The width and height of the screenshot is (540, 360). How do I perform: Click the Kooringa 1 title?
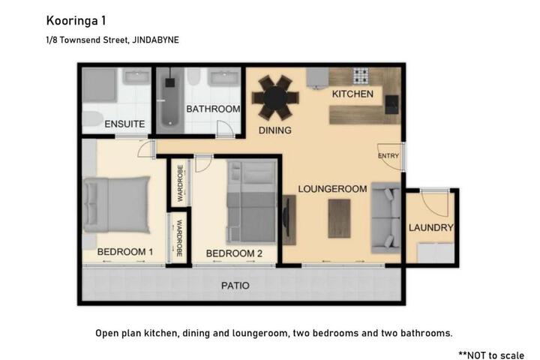76,21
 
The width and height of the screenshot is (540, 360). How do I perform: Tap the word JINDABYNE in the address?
156,40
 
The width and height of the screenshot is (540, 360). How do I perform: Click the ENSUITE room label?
124,124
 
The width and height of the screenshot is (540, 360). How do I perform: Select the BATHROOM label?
213,109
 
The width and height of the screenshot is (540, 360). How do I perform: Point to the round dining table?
275,97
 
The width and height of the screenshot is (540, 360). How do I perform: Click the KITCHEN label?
352,94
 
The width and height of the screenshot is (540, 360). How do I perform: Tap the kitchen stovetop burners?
361,76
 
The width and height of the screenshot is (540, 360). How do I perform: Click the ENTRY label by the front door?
388,156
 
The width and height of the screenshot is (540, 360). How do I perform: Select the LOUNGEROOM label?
332,189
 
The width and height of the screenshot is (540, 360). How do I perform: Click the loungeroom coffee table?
339,218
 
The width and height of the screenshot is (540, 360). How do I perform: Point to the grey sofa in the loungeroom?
385,218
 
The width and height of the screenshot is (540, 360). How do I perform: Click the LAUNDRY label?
430,227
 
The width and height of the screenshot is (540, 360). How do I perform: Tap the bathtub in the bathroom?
169,101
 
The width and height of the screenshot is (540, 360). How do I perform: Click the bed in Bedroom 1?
117,204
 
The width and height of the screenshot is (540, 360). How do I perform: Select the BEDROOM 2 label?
234,253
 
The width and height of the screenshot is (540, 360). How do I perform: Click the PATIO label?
235,286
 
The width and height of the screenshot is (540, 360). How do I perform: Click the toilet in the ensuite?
93,118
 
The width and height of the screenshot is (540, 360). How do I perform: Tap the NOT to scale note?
491,355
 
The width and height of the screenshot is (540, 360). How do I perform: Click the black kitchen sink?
391,104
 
